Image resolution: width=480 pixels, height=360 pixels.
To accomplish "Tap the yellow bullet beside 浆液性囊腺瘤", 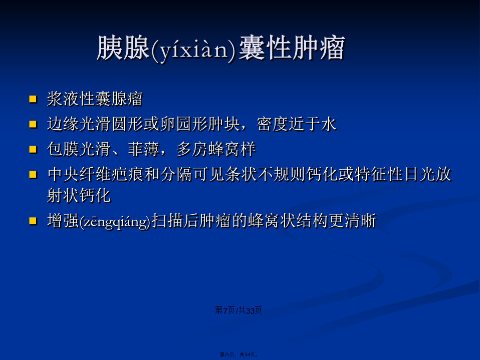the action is click(x=33, y=99).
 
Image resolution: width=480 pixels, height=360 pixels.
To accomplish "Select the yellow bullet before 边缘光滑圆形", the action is click(x=33, y=124).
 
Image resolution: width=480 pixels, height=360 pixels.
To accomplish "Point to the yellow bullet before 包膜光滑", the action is click(x=33, y=149).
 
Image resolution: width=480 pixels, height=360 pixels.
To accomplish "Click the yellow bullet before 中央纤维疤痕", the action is click(x=33, y=174).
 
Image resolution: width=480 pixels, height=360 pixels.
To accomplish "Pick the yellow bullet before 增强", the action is click(x=33, y=221).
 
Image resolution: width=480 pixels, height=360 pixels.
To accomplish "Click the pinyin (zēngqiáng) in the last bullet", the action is click(x=115, y=221).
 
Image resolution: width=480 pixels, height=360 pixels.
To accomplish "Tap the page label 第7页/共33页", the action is click(x=238, y=310).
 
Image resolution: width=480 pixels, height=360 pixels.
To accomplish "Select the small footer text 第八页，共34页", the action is click(x=239, y=354).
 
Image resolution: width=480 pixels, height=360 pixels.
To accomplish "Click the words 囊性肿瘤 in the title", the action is click(x=292, y=48).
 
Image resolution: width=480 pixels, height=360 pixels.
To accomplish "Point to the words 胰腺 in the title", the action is click(x=124, y=48).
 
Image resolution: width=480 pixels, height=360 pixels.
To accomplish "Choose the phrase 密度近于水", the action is click(x=297, y=124).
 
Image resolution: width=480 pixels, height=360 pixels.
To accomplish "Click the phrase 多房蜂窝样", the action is click(x=216, y=149).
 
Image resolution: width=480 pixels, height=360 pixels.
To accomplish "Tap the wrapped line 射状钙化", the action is click(x=79, y=195).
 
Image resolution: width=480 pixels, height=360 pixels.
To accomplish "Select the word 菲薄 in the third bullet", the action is click(x=144, y=149).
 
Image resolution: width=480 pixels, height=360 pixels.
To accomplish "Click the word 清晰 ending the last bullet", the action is click(x=361, y=221).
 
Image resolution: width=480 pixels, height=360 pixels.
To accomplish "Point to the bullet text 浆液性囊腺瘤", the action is click(x=95, y=99).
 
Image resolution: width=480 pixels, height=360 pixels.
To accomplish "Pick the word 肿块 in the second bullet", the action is click(x=224, y=124).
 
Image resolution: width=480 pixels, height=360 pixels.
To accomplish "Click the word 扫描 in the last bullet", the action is click(x=168, y=221).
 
